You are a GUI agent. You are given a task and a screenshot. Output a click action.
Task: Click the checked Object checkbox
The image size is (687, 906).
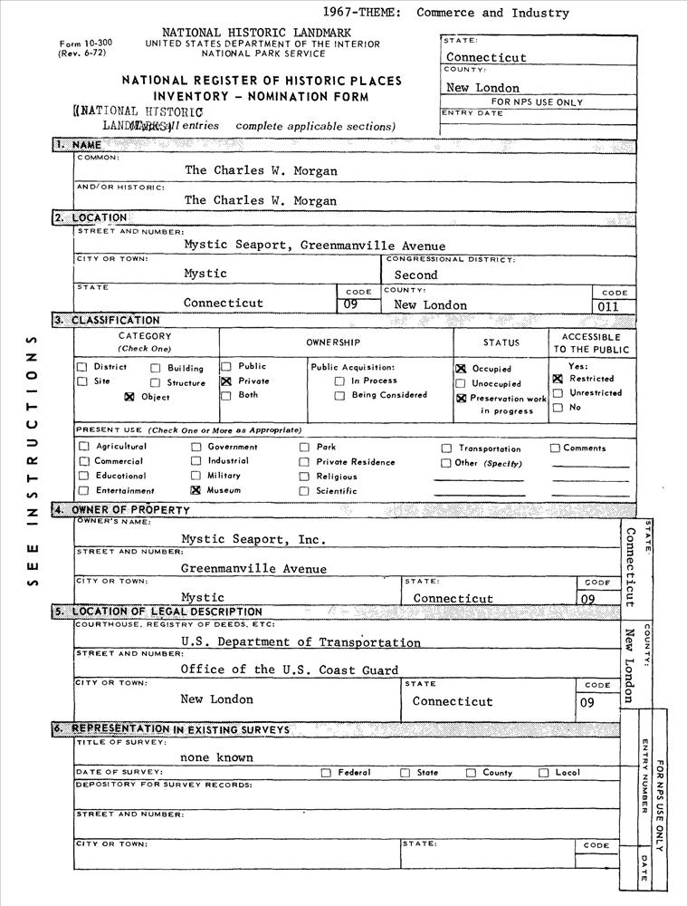129,397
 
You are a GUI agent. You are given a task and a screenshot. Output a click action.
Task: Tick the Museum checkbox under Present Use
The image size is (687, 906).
195,490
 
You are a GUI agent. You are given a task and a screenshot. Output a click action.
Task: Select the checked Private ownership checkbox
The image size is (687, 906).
226,381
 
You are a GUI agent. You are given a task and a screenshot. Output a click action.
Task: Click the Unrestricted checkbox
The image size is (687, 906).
558,393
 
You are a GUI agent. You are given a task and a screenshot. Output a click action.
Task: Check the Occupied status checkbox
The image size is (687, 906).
461,369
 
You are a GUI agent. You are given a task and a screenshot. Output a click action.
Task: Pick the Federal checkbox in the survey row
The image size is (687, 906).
326,773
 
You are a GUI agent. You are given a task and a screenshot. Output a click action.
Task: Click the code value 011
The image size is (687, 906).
614,306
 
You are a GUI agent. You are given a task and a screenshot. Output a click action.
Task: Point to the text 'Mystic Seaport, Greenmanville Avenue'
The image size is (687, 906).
314,245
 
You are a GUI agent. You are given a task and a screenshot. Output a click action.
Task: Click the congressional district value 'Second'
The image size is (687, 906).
415,275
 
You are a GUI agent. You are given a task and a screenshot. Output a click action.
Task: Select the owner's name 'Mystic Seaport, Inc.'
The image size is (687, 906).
253,539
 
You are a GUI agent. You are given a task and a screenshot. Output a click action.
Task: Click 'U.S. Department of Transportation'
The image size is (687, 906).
301,642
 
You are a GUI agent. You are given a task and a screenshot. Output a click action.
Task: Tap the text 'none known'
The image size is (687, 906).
216,757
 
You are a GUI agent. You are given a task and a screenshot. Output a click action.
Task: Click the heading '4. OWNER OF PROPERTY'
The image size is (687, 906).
121,510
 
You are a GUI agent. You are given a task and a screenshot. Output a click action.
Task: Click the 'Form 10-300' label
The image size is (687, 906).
82,44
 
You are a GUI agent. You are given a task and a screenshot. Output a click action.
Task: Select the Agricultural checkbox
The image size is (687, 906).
84,447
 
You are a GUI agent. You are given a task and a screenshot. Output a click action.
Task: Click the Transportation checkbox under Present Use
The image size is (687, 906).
446,448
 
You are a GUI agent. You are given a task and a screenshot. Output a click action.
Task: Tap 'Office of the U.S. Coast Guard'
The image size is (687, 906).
289,670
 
